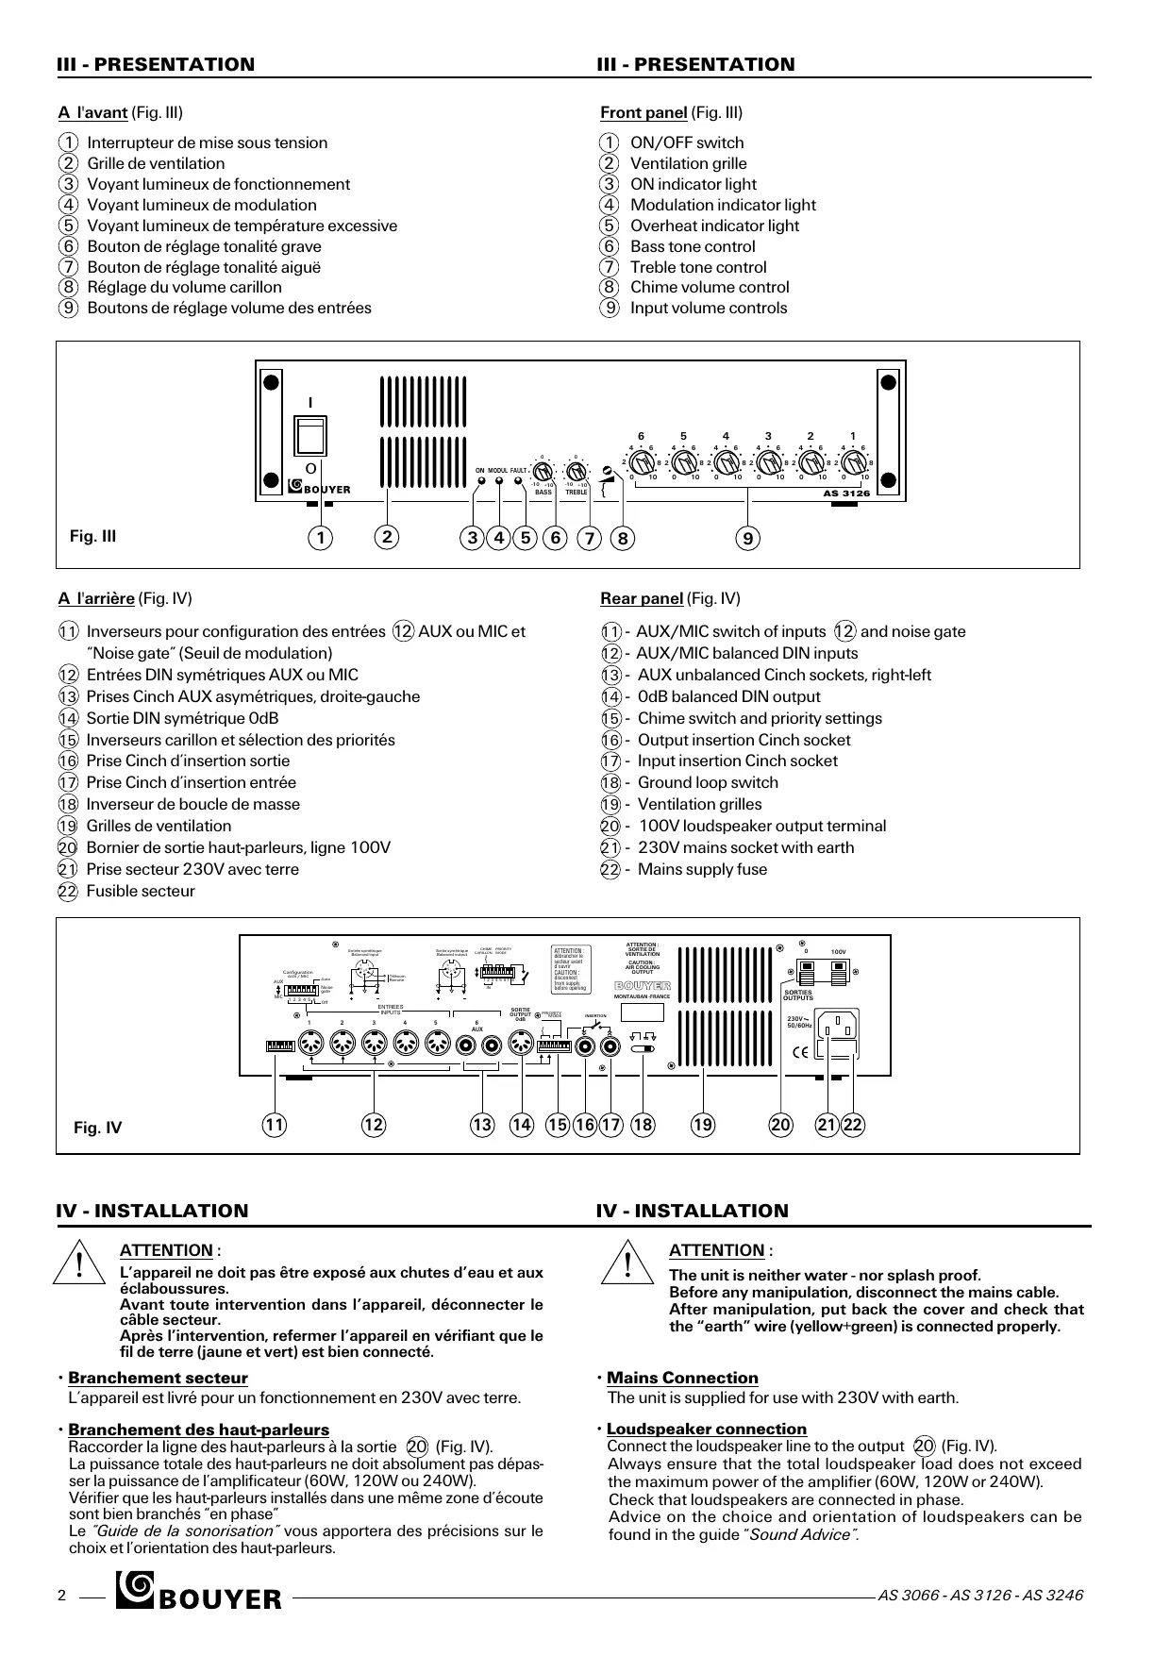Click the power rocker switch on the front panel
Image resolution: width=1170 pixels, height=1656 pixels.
tap(309, 436)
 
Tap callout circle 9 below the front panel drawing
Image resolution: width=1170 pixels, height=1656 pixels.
tap(748, 538)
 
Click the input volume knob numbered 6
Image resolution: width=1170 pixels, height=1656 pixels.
tap(642, 463)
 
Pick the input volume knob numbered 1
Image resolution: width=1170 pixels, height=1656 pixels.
tap(853, 463)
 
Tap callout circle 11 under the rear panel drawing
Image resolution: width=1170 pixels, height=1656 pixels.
tap(275, 1124)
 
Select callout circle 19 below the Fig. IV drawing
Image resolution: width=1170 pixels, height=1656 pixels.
tap(703, 1124)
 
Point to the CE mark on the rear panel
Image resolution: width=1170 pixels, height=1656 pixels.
tap(800, 1053)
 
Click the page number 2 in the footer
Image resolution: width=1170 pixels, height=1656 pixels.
tap(61, 1596)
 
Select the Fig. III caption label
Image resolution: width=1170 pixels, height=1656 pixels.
tap(93, 536)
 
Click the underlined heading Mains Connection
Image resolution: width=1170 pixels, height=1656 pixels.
tap(682, 1378)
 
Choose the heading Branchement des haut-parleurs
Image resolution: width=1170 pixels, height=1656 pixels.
tap(198, 1430)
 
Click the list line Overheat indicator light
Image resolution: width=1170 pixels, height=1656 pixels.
tap(714, 226)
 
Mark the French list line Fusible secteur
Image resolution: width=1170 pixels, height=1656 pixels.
tap(141, 891)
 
